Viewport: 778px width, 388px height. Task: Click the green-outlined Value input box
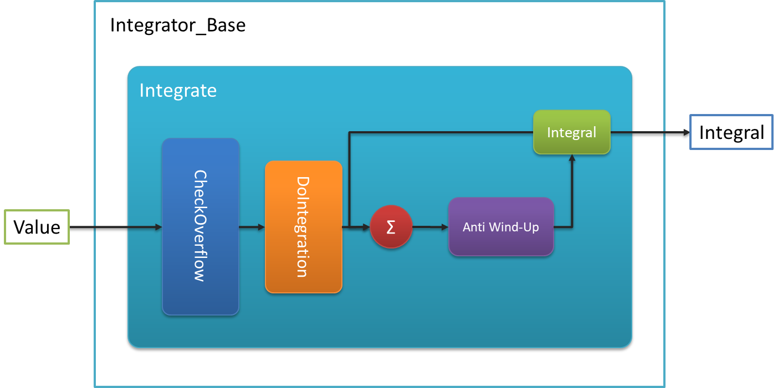point(37,227)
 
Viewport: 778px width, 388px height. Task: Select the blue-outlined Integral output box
point(731,132)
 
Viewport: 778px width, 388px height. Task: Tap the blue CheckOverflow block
point(201,226)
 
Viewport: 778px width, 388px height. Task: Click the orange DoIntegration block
point(304,227)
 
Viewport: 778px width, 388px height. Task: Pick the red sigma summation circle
point(391,227)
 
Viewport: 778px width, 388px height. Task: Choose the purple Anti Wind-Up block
point(501,227)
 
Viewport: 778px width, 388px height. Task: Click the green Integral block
point(572,132)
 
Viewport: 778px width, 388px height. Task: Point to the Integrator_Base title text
point(178,25)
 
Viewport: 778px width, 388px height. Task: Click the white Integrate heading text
point(178,91)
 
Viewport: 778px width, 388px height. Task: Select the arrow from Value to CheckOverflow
point(116,227)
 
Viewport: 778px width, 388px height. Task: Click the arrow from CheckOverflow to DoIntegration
point(252,227)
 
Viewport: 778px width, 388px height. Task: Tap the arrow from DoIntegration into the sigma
point(356,227)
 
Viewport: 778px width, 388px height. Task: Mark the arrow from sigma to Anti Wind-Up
point(431,227)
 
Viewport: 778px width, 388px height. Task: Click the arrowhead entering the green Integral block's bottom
point(572,158)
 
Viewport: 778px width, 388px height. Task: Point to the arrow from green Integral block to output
point(650,132)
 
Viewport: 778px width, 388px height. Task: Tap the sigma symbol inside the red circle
point(391,227)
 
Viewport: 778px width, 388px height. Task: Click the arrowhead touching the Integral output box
point(687,132)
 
